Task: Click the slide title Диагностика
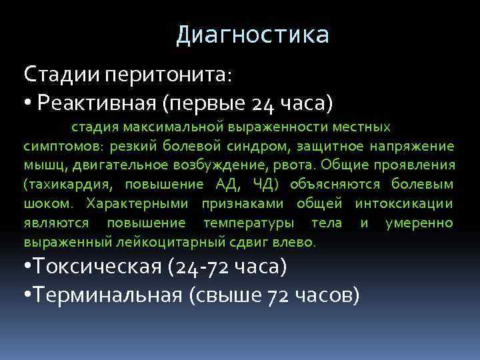[253, 35]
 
